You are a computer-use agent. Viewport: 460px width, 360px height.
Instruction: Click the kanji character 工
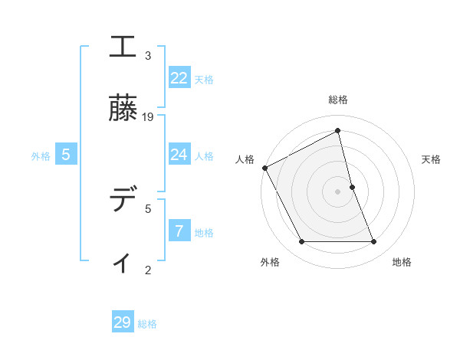point(123,47)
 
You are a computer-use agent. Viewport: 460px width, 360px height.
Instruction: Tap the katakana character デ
point(123,201)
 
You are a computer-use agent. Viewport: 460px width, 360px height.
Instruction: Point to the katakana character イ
point(123,262)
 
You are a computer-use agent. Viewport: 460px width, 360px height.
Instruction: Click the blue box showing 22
point(179,78)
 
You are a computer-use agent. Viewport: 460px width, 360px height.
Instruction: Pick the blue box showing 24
point(179,155)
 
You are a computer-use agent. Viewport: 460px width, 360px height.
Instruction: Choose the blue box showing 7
point(179,231)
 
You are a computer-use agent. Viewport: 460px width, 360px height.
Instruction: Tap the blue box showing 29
point(123,322)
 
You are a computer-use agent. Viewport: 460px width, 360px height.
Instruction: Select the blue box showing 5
point(66,155)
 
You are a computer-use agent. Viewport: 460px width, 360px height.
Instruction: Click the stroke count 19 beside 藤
point(149,117)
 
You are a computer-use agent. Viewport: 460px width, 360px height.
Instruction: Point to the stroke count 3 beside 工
point(148,56)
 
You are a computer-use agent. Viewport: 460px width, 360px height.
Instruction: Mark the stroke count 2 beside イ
point(148,270)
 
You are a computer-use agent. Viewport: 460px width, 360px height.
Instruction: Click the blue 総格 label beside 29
point(147,324)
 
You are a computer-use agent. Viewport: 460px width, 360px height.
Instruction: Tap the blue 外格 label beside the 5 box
point(41,156)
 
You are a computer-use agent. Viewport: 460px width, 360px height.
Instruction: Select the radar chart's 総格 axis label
point(338,100)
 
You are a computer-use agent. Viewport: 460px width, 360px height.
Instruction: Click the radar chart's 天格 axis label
point(432,159)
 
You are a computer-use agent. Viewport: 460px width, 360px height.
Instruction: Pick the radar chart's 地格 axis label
point(402,262)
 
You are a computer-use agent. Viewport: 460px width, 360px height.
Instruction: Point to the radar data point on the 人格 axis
point(264,168)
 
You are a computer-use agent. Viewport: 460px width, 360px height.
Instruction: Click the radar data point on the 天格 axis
point(352,187)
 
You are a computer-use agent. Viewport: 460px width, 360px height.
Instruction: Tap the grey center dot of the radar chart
point(338,191)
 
